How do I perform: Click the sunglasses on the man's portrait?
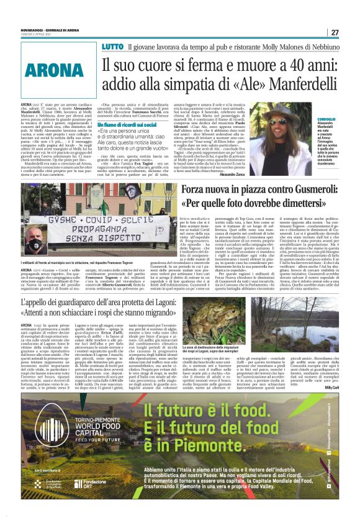click(x=281, y=120)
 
